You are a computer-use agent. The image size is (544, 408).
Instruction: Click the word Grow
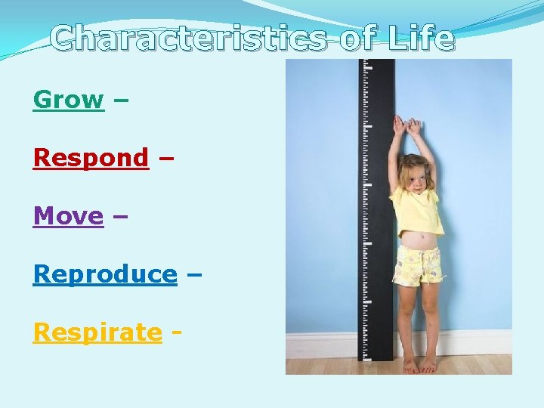68,100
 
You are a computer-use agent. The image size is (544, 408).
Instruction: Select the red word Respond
91,158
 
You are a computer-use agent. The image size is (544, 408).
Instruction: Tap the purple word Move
68,216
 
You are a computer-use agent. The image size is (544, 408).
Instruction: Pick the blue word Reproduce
104,274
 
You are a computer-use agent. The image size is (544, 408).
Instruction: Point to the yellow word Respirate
97,332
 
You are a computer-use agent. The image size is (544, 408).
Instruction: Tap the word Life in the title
422,38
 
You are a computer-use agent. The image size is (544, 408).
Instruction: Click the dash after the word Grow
119,100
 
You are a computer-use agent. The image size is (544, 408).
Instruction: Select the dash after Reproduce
193,274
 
